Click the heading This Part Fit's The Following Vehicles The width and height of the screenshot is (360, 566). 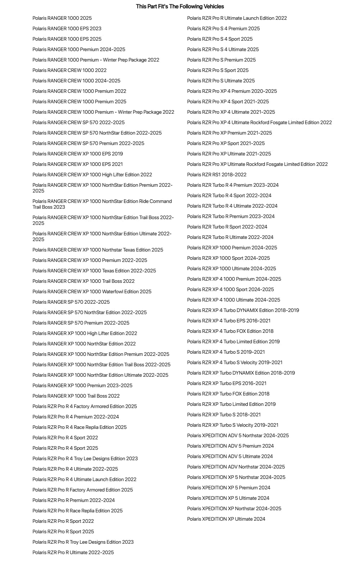click(x=180, y=6)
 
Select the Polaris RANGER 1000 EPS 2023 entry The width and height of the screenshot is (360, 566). click(x=67, y=28)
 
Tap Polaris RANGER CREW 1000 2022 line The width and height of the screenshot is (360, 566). click(x=69, y=70)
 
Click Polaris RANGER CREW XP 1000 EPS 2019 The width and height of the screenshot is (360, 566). click(x=78, y=154)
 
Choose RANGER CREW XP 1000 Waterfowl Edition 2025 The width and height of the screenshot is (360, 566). click(x=92, y=291)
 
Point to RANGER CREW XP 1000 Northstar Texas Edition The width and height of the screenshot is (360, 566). click(x=98, y=250)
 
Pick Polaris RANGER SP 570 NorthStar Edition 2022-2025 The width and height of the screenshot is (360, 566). click(x=90, y=312)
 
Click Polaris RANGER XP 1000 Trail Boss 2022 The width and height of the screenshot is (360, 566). click(x=76, y=396)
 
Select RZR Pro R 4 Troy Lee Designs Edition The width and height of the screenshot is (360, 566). click(x=85, y=458)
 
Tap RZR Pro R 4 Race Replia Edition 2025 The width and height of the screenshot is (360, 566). click(x=79, y=427)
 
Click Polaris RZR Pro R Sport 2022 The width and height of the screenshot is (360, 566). click(x=63, y=521)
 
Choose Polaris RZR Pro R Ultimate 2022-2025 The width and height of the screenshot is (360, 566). click(x=73, y=552)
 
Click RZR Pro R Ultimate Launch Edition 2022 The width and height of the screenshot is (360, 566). click(x=237, y=18)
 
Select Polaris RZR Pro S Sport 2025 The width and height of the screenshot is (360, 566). click(x=218, y=70)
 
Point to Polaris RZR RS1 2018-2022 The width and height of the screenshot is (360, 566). click(x=217, y=175)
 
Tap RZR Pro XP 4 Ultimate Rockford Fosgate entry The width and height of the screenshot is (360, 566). click(x=259, y=122)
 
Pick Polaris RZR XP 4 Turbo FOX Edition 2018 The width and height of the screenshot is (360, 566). click(x=230, y=331)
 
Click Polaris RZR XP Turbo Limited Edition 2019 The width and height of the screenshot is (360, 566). click(x=231, y=404)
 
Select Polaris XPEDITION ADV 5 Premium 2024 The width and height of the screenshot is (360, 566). click(x=230, y=446)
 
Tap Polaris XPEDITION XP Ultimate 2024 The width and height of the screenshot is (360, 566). click(x=226, y=519)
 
